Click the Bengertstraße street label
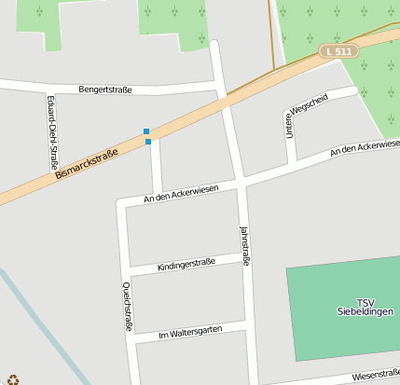[105, 89]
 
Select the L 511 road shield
[338, 51]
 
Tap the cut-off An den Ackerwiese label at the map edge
[365, 147]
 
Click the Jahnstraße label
[244, 246]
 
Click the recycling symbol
[13, 379]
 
